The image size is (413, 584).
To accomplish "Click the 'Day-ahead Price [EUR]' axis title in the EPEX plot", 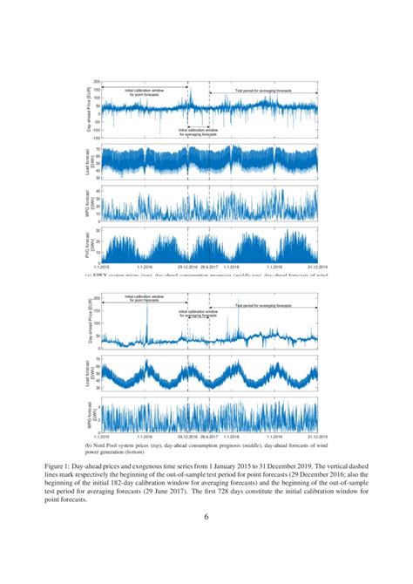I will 88,109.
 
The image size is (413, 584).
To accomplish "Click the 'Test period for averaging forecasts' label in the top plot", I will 263,91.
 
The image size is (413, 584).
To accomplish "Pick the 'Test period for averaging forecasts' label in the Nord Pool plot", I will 263,306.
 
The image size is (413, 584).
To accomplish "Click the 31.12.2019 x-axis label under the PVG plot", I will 317,267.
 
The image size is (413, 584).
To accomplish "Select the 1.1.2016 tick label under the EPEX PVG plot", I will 146,267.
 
